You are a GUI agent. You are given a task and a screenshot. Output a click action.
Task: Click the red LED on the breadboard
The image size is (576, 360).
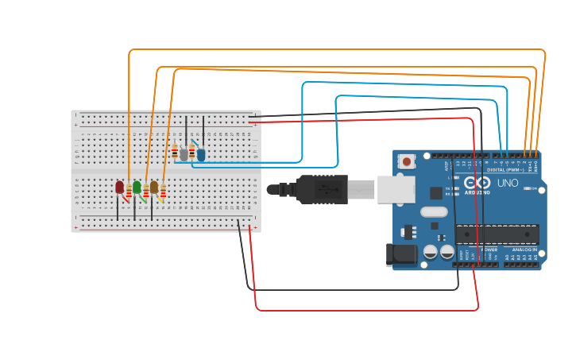click(120, 188)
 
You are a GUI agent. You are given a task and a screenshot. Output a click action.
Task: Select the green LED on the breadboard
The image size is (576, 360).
click(137, 188)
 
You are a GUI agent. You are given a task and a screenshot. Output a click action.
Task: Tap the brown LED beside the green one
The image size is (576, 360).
click(154, 188)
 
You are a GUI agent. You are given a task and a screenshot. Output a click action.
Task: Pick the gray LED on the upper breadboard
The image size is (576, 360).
click(184, 154)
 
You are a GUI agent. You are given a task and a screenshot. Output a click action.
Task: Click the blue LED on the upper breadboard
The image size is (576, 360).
click(201, 154)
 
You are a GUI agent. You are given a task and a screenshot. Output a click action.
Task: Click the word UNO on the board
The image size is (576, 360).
click(508, 183)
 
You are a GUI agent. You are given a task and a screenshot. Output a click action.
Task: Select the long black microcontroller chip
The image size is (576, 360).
click(497, 234)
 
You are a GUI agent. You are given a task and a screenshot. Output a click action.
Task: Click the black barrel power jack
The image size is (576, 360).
click(402, 254)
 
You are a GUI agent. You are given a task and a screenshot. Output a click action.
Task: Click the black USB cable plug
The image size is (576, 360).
click(322, 189)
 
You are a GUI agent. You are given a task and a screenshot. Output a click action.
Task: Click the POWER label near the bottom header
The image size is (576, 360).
click(489, 250)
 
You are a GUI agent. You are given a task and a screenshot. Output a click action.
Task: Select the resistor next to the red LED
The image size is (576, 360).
click(129, 191)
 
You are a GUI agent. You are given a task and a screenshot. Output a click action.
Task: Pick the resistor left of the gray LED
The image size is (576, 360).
click(175, 152)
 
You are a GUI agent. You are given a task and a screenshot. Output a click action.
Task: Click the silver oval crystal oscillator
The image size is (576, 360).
click(434, 212)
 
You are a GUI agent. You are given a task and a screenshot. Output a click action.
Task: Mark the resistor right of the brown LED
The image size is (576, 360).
click(163, 191)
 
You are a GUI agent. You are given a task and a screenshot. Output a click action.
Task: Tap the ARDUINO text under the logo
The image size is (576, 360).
click(477, 192)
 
